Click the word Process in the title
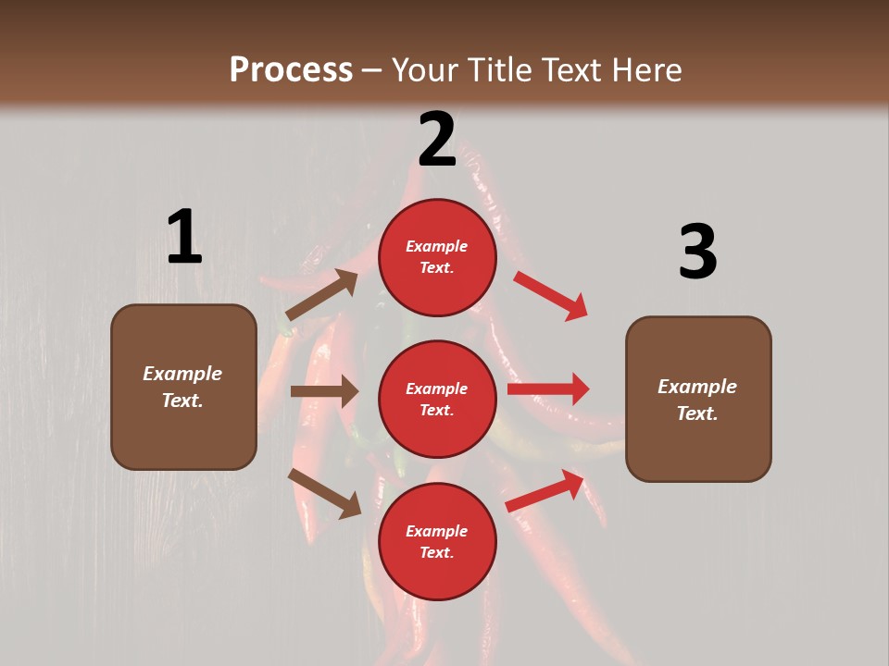point(291,69)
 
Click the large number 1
point(184,237)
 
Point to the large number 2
point(437,140)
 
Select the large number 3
point(697,252)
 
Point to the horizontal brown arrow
point(324,391)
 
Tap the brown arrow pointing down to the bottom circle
point(325,493)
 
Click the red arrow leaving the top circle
point(550,296)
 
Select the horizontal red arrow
point(548,389)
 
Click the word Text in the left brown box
point(182,401)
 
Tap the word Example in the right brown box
point(697,387)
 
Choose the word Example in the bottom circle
point(437,531)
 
